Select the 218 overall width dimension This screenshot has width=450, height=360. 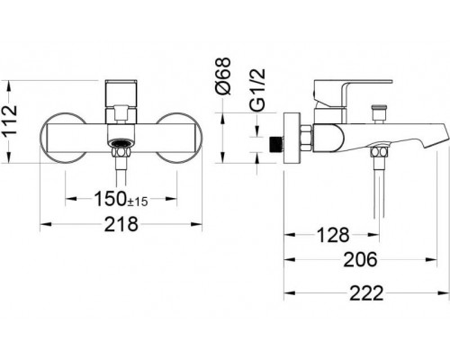click(x=120, y=224)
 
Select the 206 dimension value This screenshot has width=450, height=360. click(x=361, y=263)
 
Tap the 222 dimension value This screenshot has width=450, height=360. click(x=364, y=292)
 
